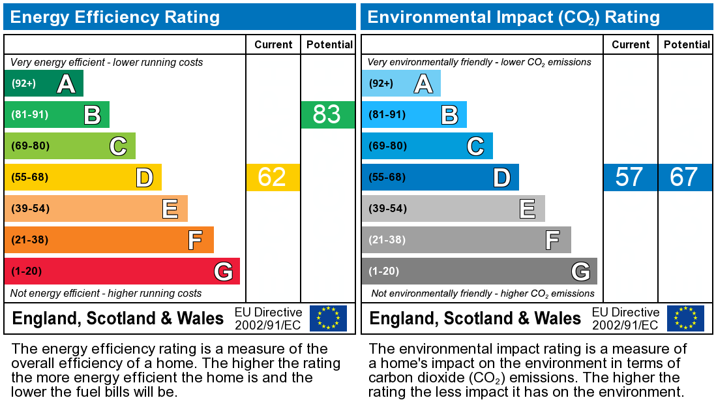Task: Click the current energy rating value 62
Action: point(273,177)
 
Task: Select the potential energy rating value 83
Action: point(327,115)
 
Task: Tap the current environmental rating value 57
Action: point(629,177)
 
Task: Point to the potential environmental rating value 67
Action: point(684,177)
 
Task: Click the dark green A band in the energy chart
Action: point(44,84)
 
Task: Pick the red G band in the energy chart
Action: point(122,271)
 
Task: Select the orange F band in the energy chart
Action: point(109,239)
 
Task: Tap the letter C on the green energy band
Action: point(118,146)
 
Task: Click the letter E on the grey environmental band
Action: point(527,209)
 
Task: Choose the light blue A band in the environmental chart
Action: point(401,84)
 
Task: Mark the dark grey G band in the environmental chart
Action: point(479,271)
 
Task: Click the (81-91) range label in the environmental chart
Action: point(387,115)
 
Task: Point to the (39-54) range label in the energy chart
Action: point(30,209)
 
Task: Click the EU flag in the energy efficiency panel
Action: point(328,318)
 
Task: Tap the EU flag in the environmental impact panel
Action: point(685,318)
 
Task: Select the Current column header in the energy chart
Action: point(273,44)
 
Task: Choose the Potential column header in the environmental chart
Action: point(687,44)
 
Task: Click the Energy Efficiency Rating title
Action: point(115,17)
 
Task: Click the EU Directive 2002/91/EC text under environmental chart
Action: point(625,318)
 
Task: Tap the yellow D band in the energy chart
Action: point(83,177)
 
